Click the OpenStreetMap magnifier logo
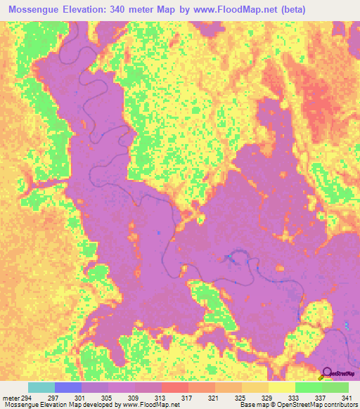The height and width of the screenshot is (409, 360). [x=327, y=372]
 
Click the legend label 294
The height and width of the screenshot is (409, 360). [x=27, y=398]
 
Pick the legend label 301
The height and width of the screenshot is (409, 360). [x=82, y=398]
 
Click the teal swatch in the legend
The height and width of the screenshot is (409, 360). [x=41, y=387]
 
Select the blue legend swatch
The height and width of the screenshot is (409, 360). [x=68, y=387]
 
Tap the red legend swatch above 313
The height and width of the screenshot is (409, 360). [x=174, y=387]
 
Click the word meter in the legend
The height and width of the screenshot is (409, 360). [x=11, y=398]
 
